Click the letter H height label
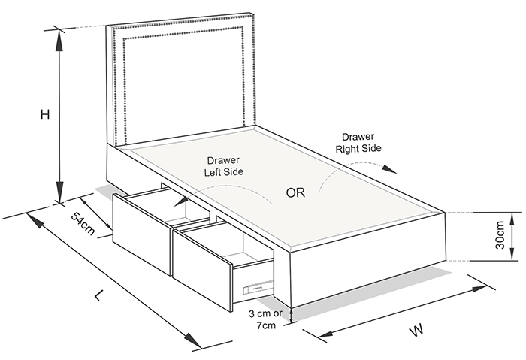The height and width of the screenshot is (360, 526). click(x=45, y=115)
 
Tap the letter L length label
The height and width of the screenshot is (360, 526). click(x=98, y=295)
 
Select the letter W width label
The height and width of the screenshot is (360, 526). click(x=417, y=330)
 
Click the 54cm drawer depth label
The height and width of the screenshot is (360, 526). click(x=83, y=223)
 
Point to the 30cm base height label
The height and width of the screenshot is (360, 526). click(x=500, y=234)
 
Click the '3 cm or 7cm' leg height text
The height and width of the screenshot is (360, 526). click(x=266, y=319)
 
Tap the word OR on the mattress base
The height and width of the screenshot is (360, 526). click(x=295, y=192)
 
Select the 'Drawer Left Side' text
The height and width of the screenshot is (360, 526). click(x=224, y=166)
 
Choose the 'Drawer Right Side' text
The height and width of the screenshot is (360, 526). click(x=358, y=143)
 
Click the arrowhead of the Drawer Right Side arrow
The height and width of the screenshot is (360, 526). click(x=390, y=169)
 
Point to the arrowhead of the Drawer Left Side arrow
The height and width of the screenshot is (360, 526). click(x=181, y=201)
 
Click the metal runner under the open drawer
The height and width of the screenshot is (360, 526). click(x=258, y=286)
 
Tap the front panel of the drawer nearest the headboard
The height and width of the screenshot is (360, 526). click(x=142, y=234)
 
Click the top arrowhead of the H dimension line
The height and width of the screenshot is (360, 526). click(x=59, y=40)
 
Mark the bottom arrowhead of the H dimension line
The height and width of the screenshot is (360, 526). click(x=59, y=192)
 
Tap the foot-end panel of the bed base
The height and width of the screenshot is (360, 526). click(x=367, y=259)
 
